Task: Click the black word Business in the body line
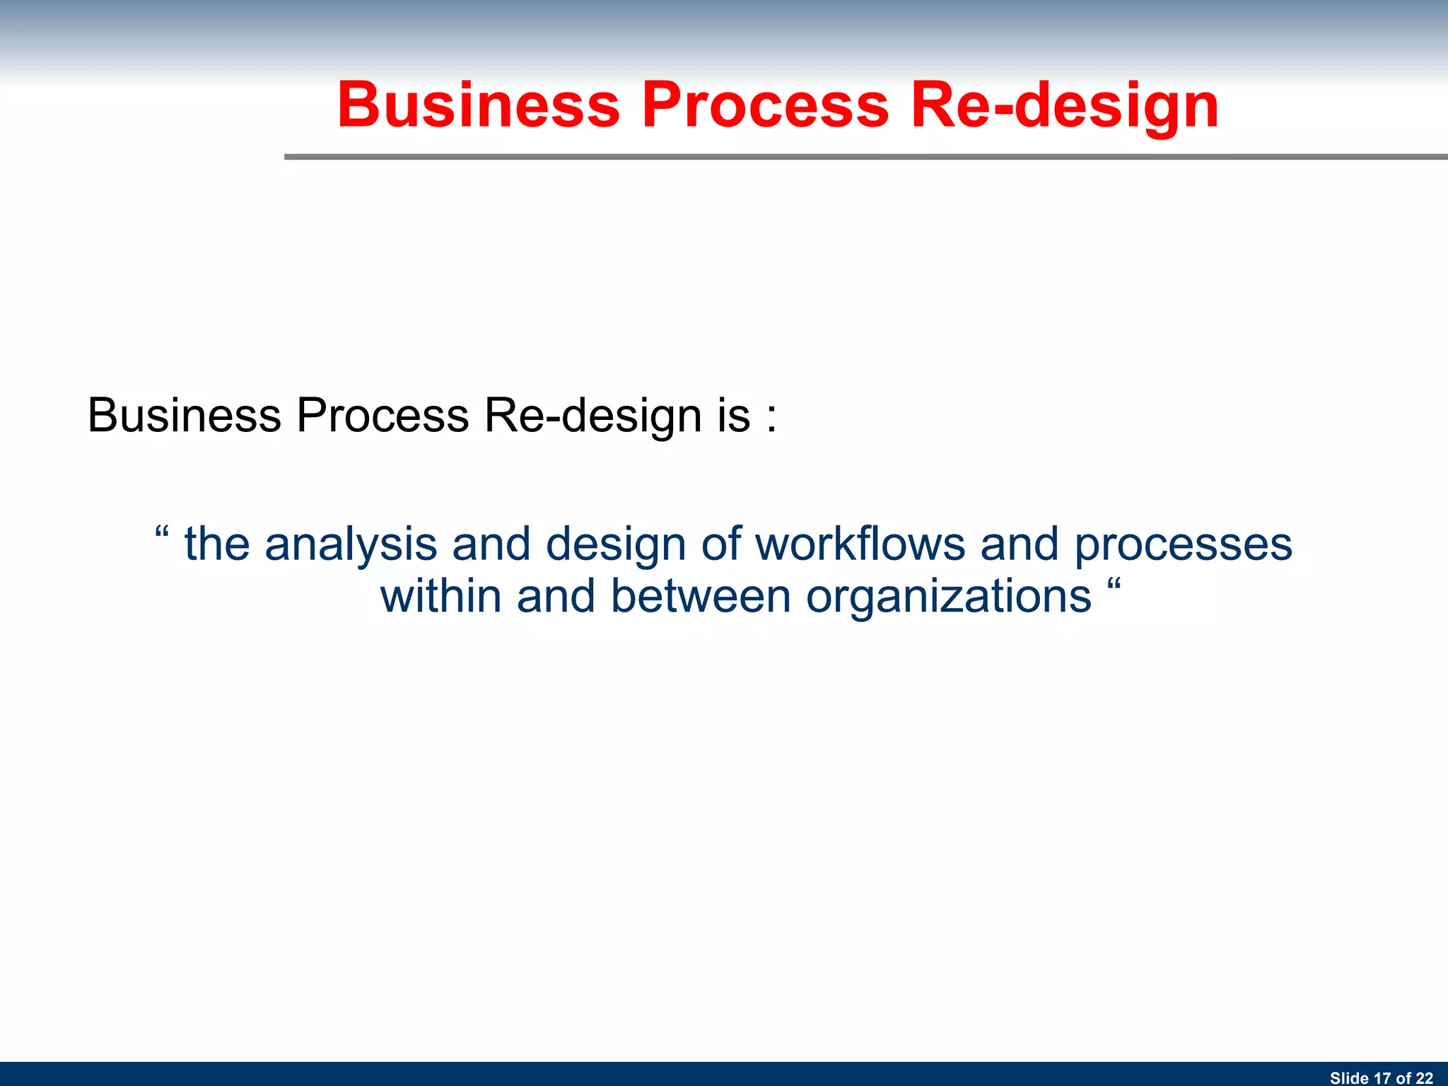(x=184, y=415)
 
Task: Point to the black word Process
(x=383, y=415)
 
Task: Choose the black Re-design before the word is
(x=592, y=415)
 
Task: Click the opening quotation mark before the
(x=162, y=532)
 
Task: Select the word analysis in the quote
(x=351, y=544)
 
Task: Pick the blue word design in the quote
(x=615, y=544)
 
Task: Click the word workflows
(x=860, y=544)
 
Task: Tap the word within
(x=441, y=596)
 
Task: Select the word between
(x=700, y=596)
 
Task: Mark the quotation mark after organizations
(x=1114, y=584)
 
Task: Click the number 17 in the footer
(x=1382, y=1078)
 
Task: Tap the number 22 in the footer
(x=1424, y=1078)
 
